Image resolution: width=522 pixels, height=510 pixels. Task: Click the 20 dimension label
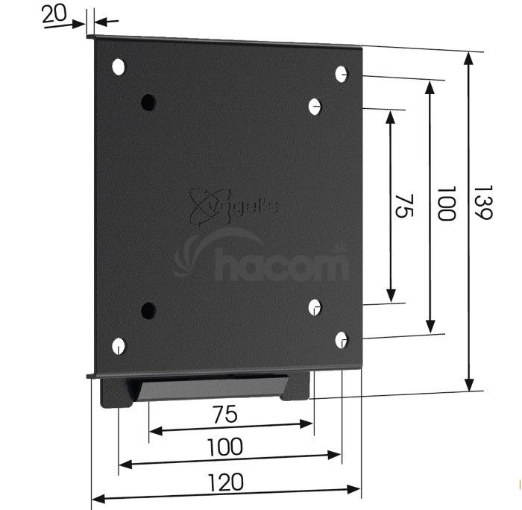(x=54, y=15)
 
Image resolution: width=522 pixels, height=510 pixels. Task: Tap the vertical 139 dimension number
(x=482, y=202)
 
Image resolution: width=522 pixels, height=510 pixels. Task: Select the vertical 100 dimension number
(x=446, y=203)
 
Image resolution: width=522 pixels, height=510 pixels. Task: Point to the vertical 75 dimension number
(x=404, y=206)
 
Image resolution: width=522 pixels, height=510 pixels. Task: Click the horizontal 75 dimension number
(x=225, y=414)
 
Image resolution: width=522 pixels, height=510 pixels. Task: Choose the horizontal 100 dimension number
(x=225, y=447)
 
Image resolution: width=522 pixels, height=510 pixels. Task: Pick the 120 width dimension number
(x=225, y=482)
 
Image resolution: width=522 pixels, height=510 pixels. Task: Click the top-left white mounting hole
(x=118, y=67)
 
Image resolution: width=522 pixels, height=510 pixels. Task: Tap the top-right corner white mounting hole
(x=341, y=74)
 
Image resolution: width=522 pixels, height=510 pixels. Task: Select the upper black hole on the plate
(x=148, y=102)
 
